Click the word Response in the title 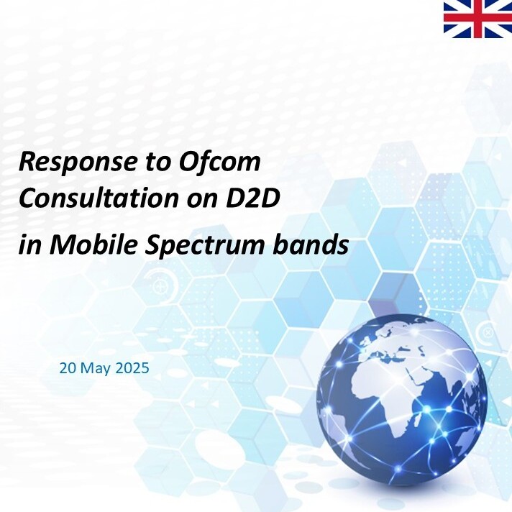tap(77, 163)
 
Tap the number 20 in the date tap(68, 368)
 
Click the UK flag tap(477, 19)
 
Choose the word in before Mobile tap(30, 245)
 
